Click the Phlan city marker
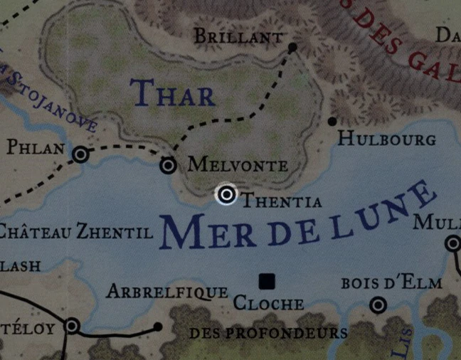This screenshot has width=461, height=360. [81, 154]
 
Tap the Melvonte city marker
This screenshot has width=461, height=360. [168, 166]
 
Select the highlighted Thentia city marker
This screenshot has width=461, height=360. [226, 194]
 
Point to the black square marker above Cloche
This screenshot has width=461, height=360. [267, 281]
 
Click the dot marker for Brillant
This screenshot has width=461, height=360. [292, 48]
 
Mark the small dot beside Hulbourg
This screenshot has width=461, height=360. [332, 122]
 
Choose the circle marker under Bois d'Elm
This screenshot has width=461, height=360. [378, 305]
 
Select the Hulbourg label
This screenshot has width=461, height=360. [386, 138]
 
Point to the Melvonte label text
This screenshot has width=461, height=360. [238, 166]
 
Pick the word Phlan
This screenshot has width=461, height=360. [35, 149]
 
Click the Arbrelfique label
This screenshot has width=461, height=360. [166, 292]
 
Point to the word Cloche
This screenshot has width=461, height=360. [269, 304]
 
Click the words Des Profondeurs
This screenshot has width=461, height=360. [268, 332]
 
